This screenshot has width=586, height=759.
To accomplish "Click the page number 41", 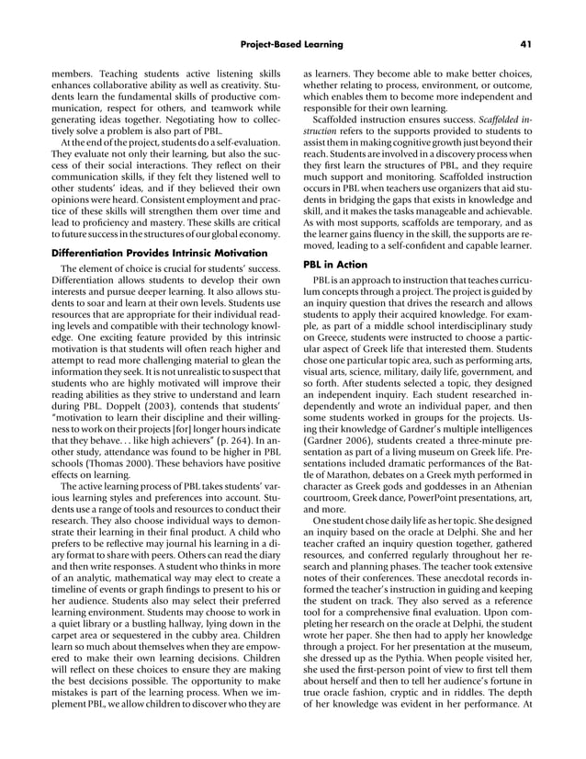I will coord(527,43).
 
